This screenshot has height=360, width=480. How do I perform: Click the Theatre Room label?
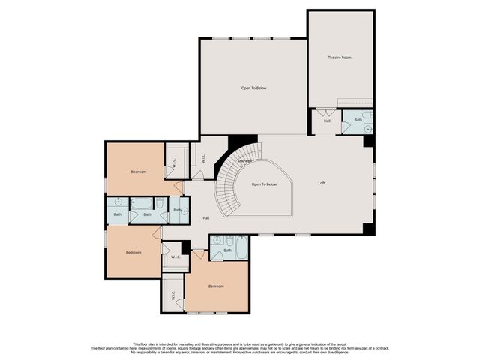[x=340, y=58]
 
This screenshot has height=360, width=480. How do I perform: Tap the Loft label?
[x=322, y=183]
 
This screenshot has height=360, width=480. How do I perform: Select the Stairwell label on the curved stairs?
[x=244, y=161]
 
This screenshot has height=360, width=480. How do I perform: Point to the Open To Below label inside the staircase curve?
[x=264, y=184]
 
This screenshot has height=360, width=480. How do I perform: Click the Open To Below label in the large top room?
[x=253, y=88]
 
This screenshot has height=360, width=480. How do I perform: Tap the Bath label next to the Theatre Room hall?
[x=358, y=120]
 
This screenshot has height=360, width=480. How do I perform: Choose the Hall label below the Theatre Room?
[x=327, y=121]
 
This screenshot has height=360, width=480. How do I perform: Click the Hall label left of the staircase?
[x=205, y=218]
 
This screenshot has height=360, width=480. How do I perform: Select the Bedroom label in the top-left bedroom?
[x=138, y=172]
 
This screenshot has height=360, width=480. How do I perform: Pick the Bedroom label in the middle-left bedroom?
[x=133, y=252]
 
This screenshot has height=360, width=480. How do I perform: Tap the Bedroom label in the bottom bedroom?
[x=216, y=286]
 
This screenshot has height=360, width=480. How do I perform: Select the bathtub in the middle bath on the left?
[x=142, y=202]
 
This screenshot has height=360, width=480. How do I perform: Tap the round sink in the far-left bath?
[x=118, y=202]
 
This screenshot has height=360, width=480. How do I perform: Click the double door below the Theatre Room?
[x=328, y=112]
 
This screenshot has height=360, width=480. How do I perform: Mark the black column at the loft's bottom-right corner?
[x=368, y=229]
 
